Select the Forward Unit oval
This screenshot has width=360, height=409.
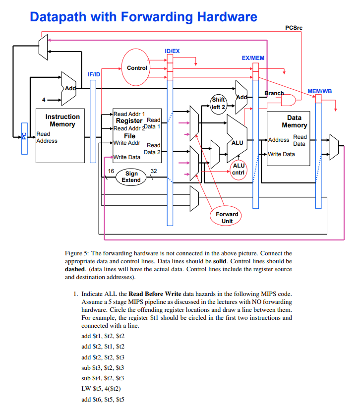click(x=227, y=217)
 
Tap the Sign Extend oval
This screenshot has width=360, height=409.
click(x=131, y=177)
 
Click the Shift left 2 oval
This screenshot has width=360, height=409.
click(x=218, y=103)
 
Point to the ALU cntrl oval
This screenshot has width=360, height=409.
click(x=239, y=169)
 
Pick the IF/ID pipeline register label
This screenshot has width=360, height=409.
click(x=94, y=74)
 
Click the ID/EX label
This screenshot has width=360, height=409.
click(x=172, y=51)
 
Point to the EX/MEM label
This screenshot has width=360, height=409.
click(x=253, y=58)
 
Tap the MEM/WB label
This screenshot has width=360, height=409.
click(x=320, y=91)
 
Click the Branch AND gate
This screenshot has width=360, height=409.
click(x=288, y=101)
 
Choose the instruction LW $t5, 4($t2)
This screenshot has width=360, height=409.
click(x=101, y=388)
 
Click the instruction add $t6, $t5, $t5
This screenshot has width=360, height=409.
click(x=103, y=399)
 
